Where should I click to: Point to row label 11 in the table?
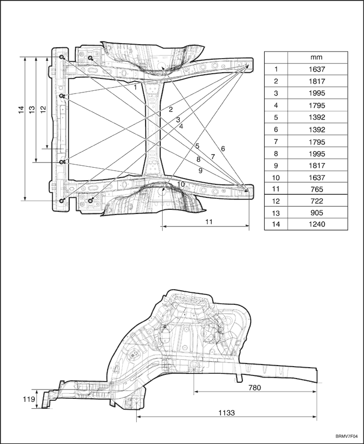pyautogui.click(x=276, y=189)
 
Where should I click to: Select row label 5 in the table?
pyautogui.click(x=276, y=117)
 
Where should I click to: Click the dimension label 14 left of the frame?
pyautogui.click(x=21, y=110)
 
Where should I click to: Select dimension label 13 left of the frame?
pyautogui.click(x=32, y=110)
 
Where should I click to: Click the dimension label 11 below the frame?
pyautogui.click(x=209, y=221)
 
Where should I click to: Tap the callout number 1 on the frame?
pyautogui.click(x=135, y=87)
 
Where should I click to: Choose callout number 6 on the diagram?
pyautogui.click(x=223, y=149)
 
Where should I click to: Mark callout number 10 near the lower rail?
pyautogui.click(x=180, y=184)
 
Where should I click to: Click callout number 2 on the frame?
pyautogui.click(x=170, y=109)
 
